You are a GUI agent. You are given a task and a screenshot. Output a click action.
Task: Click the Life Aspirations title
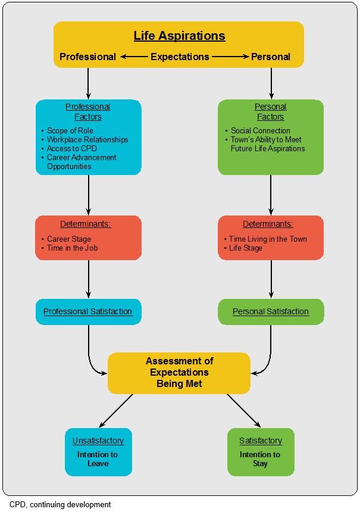click(x=179, y=36)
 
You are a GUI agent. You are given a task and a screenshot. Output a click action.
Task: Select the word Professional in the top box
click(x=88, y=57)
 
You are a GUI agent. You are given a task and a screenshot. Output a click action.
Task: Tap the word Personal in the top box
click(x=271, y=57)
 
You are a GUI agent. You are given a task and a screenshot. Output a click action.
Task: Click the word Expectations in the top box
click(x=180, y=57)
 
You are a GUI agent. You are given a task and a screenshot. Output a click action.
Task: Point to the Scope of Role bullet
click(x=70, y=130)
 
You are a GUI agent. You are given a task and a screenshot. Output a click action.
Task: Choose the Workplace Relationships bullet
click(x=87, y=139)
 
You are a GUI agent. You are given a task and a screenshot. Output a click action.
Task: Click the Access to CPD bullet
click(x=71, y=148)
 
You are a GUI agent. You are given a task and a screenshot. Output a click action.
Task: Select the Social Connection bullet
click(x=260, y=130)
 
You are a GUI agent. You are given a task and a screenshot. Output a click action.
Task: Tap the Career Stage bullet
click(x=69, y=239)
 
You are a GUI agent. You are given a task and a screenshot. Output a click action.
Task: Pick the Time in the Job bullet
click(x=72, y=248)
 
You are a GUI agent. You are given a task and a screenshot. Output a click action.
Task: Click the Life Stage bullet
click(x=246, y=248)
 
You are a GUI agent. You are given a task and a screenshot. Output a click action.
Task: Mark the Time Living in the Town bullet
click(x=268, y=239)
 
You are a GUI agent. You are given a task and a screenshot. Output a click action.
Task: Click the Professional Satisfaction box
click(x=88, y=311)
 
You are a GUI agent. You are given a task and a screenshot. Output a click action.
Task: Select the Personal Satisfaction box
click(x=271, y=311)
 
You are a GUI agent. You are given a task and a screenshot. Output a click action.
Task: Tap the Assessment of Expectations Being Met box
click(x=179, y=372)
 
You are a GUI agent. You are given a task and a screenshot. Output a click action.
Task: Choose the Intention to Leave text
click(x=98, y=458)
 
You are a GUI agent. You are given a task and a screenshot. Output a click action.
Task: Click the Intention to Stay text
click(x=260, y=458)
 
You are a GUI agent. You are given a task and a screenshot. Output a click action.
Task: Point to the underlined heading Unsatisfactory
click(x=98, y=441)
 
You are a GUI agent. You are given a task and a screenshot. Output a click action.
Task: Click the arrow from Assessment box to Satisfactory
click(x=244, y=411)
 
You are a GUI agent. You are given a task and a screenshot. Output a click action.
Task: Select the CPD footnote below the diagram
click(x=60, y=504)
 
